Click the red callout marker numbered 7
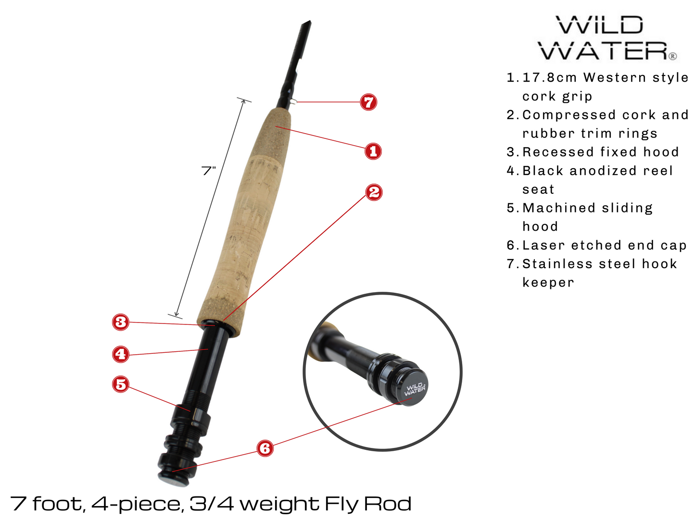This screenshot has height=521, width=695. [368, 102]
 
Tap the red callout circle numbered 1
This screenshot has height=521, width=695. [373, 151]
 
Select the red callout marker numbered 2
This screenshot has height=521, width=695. [374, 192]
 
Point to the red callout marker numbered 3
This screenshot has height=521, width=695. [121, 322]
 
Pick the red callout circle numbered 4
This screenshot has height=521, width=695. [121, 354]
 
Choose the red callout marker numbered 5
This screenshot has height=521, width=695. [121, 384]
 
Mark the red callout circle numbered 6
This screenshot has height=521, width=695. [265, 448]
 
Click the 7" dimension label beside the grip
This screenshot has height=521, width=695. [209, 171]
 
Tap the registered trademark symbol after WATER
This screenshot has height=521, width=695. [673, 56]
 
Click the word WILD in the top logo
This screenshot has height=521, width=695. [599, 25]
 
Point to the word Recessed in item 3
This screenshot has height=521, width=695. [558, 152]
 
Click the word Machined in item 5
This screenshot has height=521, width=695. [552, 208]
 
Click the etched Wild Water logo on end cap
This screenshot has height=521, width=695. [415, 389]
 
